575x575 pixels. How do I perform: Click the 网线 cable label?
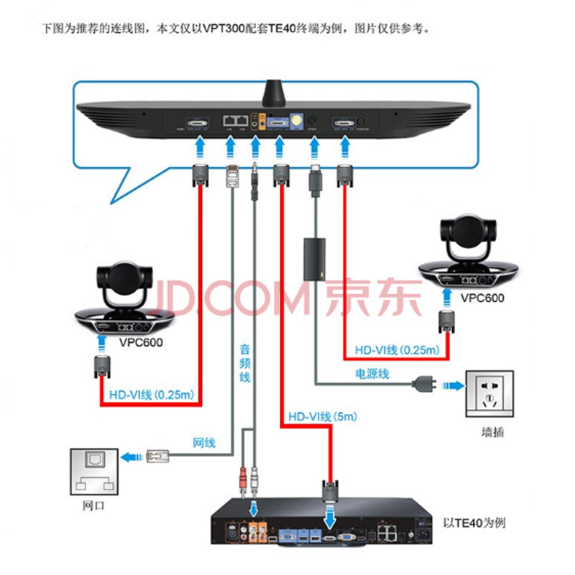pos(203,443)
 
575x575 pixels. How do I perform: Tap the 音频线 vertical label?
pos(245,363)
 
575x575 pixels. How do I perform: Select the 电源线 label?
pos(372,374)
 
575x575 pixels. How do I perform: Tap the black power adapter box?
pos(314,260)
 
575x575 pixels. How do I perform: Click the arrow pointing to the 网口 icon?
pos(129,456)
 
